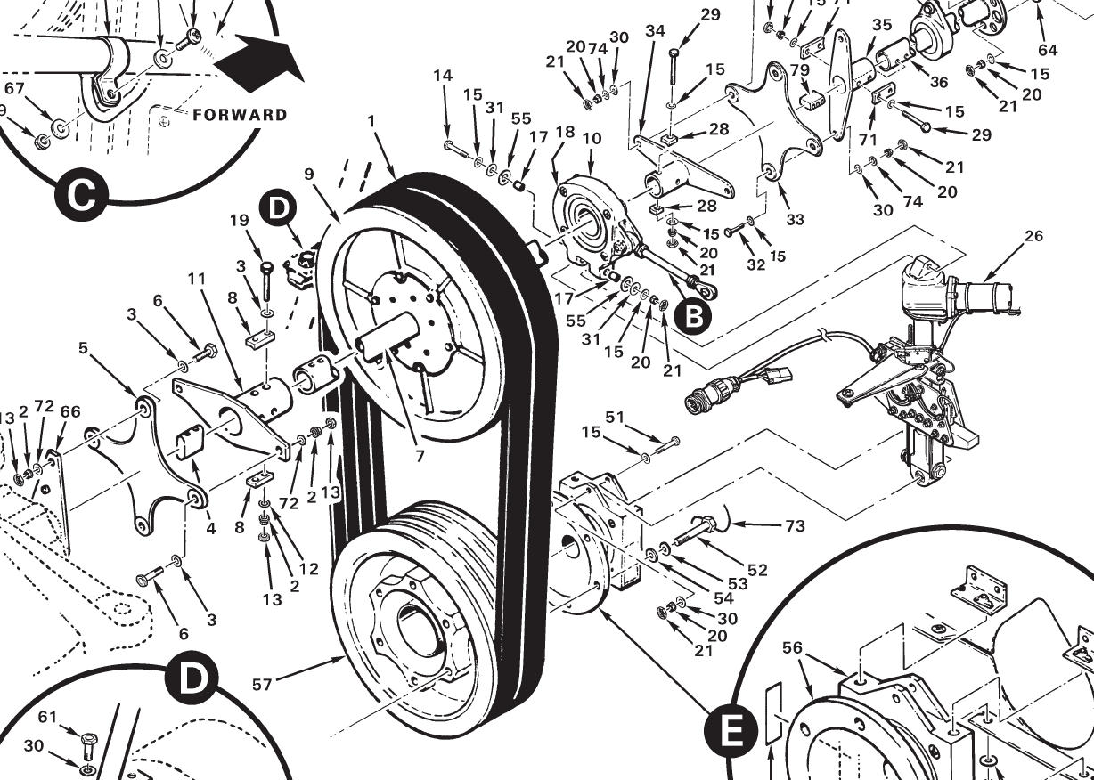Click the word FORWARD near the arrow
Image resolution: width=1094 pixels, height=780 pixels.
coord(239,115)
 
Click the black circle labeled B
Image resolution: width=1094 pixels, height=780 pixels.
coord(694,314)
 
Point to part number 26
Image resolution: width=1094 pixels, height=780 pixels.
coord(1033,237)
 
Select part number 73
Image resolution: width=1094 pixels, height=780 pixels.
coord(795,526)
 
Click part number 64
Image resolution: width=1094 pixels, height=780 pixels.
coord(1047,50)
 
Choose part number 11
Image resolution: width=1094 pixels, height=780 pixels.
coord(197,279)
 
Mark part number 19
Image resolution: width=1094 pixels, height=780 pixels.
coord(238,221)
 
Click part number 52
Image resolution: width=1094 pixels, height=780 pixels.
coord(757,570)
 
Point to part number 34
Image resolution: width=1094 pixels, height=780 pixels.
coord(656,31)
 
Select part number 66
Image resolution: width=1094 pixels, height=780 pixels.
coord(69,410)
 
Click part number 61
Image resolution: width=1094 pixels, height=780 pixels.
coord(47,715)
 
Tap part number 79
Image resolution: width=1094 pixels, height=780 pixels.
coord(799,70)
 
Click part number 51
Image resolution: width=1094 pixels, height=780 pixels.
coord(615,417)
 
